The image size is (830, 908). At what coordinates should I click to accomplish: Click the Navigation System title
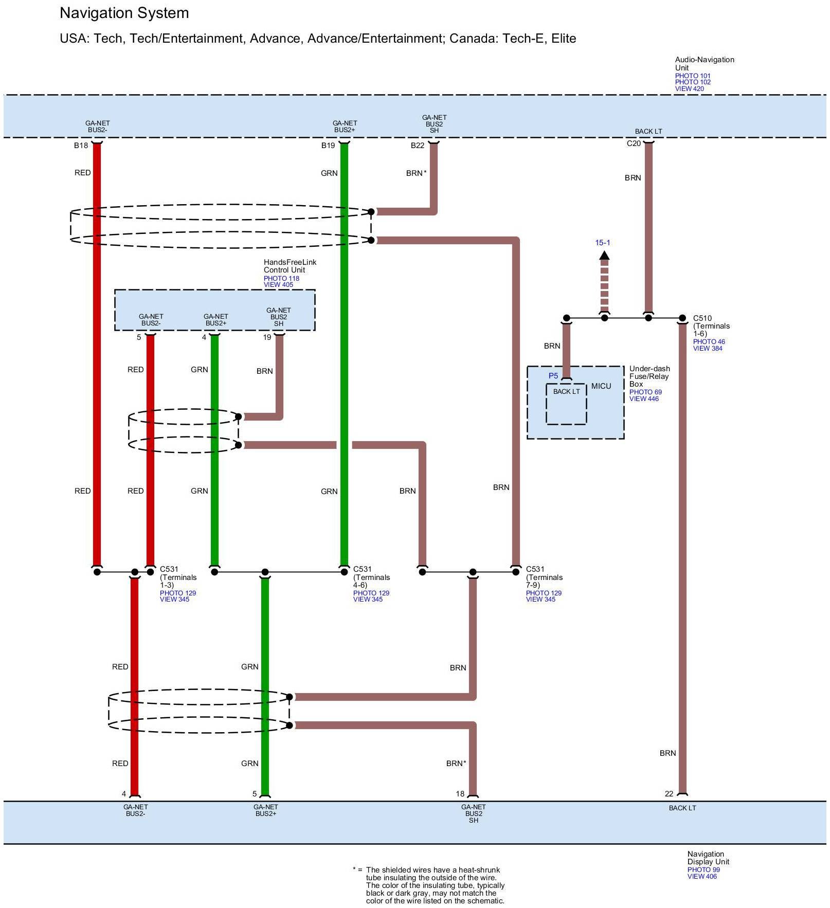(124, 13)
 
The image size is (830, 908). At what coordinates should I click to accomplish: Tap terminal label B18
(81, 146)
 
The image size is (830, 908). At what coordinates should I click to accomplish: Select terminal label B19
(328, 146)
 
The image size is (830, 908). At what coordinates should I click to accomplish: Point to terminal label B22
(418, 146)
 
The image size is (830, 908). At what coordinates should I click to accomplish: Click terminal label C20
(634, 143)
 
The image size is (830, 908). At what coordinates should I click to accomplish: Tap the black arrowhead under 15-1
(604, 255)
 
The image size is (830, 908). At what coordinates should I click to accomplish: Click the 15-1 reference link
(603, 243)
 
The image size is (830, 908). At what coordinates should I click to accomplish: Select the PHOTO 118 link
(281, 278)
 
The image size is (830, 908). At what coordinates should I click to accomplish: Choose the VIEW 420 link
(689, 89)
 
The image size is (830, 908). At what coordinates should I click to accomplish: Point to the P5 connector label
(553, 376)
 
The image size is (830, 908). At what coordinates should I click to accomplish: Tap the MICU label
(601, 386)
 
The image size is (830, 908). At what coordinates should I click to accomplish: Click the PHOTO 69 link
(645, 392)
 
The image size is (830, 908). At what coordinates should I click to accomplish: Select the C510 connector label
(702, 318)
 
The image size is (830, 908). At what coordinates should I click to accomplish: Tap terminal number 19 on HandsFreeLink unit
(267, 337)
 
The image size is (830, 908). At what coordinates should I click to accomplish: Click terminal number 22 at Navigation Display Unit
(669, 794)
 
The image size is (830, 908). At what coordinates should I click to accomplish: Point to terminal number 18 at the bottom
(460, 794)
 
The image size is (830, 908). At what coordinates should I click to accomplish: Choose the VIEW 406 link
(702, 877)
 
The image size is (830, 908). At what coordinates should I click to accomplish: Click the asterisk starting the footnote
(354, 869)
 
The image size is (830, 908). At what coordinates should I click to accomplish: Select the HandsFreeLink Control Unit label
(290, 266)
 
